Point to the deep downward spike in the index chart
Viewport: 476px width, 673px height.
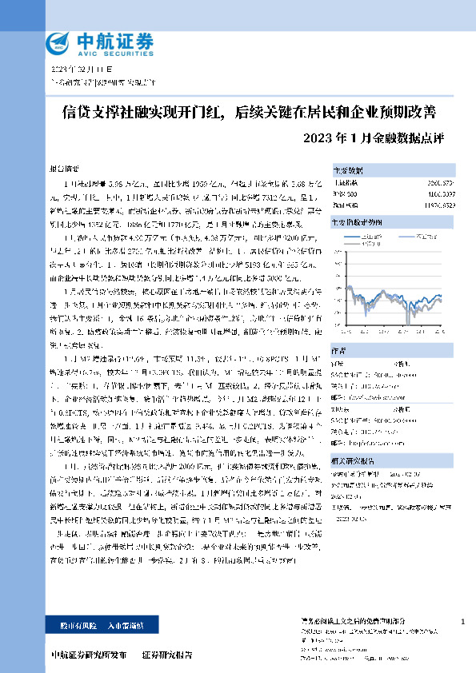[408, 318]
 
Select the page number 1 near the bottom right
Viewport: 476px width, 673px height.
[463, 621]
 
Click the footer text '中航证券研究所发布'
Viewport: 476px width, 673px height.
[88, 655]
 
